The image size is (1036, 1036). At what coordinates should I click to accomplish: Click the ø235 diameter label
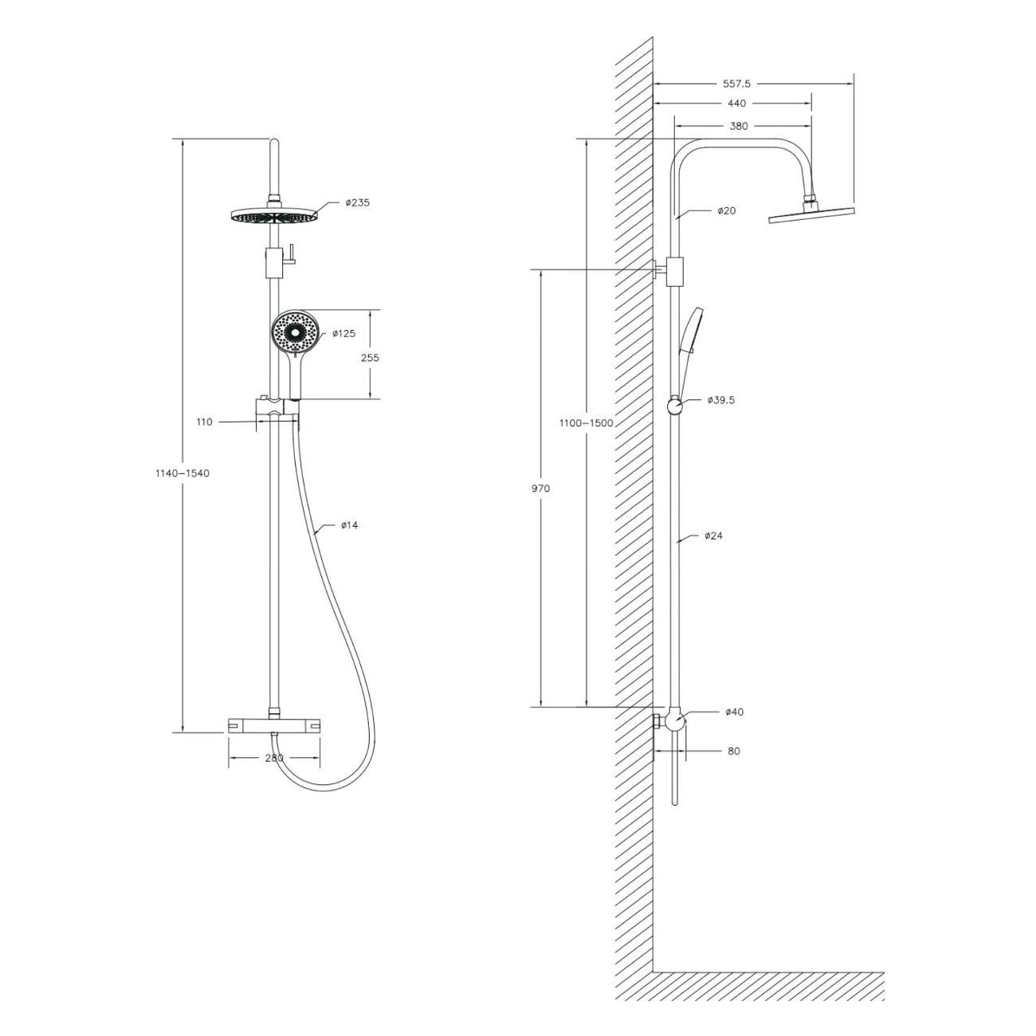358,202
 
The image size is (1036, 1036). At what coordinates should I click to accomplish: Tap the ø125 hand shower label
343,333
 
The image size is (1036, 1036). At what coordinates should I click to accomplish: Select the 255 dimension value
370,358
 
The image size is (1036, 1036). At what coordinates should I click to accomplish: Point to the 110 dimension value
204,422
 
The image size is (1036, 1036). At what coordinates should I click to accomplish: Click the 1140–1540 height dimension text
182,473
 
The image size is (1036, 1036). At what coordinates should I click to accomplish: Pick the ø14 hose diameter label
350,524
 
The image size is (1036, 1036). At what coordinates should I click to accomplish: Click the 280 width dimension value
274,758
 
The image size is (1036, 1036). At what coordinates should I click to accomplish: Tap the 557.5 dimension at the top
736,84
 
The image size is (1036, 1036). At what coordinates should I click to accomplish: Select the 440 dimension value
736,104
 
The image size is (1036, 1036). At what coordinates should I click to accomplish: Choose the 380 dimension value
739,126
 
